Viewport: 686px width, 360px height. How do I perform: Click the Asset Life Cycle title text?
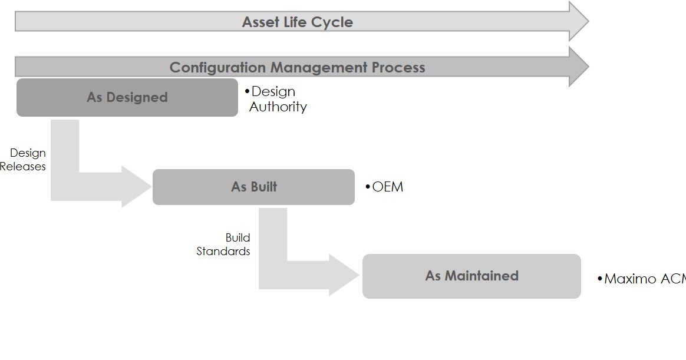click(298, 22)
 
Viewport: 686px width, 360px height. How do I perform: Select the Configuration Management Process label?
click(298, 67)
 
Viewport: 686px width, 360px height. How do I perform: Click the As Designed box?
click(127, 97)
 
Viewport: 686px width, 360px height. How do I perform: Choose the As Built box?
click(253, 187)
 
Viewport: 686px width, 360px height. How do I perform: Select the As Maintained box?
click(471, 276)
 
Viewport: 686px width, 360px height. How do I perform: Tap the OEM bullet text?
click(387, 187)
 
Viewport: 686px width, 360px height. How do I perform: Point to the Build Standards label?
click(224, 245)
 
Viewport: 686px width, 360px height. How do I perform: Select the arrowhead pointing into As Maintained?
click(344, 275)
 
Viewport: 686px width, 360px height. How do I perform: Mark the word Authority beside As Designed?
click(278, 107)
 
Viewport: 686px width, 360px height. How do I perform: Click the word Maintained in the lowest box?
click(481, 276)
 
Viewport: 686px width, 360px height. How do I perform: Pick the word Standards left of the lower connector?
click(223, 251)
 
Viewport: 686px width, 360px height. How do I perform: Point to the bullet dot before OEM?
click(368, 187)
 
